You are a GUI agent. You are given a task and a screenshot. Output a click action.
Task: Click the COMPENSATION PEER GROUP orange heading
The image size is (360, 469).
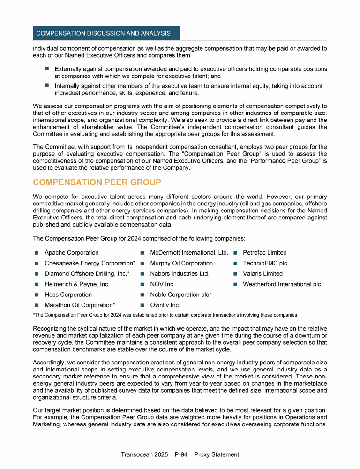click(97, 182)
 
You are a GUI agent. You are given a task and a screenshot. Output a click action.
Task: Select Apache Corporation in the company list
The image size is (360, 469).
click(71, 253)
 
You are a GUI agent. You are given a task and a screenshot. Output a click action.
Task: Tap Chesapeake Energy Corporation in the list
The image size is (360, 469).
click(90, 263)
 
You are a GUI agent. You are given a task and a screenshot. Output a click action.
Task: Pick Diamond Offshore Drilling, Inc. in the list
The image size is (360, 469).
click(87, 274)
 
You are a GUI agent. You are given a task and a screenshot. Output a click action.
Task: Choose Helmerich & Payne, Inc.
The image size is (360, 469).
click(77, 284)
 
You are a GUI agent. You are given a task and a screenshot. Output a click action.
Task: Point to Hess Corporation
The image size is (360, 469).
click(68, 295)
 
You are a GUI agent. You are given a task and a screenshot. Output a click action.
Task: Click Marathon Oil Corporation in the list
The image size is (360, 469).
click(80, 305)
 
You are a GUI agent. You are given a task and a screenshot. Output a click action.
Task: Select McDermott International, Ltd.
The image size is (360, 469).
click(189, 253)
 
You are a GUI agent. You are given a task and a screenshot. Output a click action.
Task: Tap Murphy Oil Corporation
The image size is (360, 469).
click(181, 263)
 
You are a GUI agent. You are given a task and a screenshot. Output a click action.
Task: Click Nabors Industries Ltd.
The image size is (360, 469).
click(180, 274)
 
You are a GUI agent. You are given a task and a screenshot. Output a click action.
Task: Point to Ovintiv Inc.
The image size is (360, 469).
click(165, 305)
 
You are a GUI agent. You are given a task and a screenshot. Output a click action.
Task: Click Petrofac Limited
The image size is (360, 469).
click(264, 253)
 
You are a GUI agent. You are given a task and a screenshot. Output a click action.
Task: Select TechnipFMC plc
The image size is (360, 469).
click(265, 263)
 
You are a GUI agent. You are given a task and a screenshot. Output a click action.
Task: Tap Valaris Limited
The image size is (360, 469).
click(262, 274)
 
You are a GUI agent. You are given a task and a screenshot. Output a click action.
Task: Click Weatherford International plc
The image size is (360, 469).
click(282, 284)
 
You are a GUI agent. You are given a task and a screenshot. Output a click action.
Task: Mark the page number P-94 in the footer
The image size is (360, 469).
click(181, 454)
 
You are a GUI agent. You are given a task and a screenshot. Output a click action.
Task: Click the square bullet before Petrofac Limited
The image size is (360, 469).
click(237, 253)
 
